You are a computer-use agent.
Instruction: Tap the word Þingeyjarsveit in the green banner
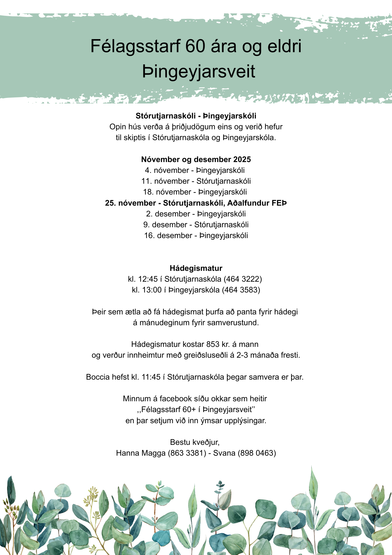198,72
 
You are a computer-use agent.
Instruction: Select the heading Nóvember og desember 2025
196,159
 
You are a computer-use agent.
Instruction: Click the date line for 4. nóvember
195,170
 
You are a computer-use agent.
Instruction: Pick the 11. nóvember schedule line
196,181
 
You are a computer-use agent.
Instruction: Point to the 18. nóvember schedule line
195,192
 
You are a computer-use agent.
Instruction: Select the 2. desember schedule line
196,214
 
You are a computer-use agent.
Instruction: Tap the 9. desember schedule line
196,224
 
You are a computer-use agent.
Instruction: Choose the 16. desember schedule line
196,236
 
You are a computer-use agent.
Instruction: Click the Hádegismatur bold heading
196,268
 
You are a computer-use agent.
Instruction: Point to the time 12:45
148,279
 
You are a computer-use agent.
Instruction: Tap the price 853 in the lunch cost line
213,344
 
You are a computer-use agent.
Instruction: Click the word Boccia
98,377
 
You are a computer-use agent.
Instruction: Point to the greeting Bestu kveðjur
195,442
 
